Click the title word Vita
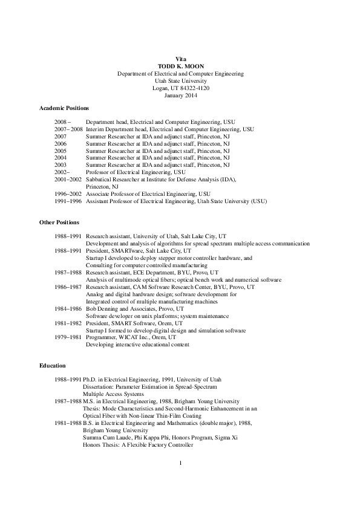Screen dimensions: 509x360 click(180, 58)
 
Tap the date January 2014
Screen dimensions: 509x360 click(180, 95)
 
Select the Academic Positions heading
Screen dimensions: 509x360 click(64, 108)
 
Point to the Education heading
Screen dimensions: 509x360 click(53, 366)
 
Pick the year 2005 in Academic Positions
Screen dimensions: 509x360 click(61, 151)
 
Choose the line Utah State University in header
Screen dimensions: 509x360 click(180, 80)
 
